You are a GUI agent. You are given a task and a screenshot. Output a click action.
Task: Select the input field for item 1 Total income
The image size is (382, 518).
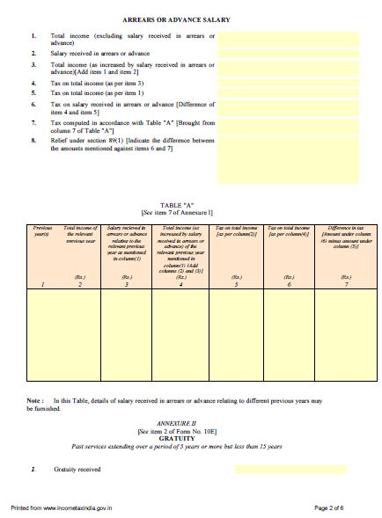(x=290, y=39)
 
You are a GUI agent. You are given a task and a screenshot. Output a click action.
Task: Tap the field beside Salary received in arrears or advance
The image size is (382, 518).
(x=290, y=54)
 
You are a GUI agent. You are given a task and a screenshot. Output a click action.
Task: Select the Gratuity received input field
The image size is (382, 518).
(x=279, y=470)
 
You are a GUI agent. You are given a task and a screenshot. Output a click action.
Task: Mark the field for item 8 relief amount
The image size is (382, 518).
(x=290, y=167)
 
